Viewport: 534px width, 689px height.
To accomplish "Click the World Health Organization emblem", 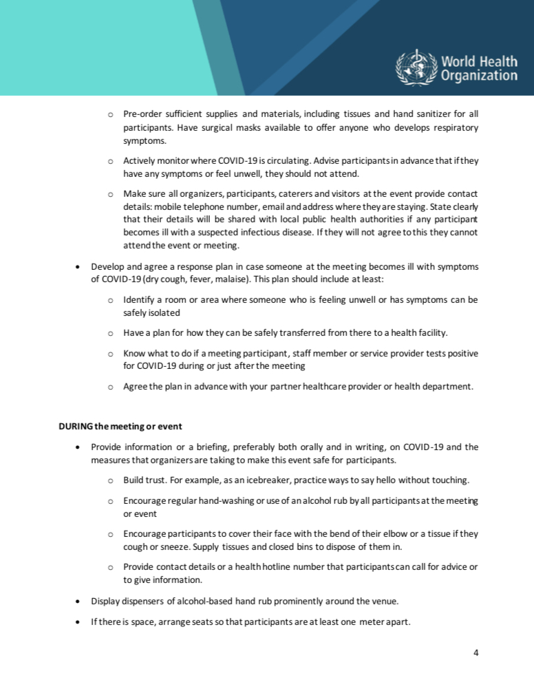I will point(416,68).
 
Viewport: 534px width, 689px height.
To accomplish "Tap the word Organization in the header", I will point(480,76).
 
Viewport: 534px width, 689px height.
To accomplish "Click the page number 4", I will point(476,652).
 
